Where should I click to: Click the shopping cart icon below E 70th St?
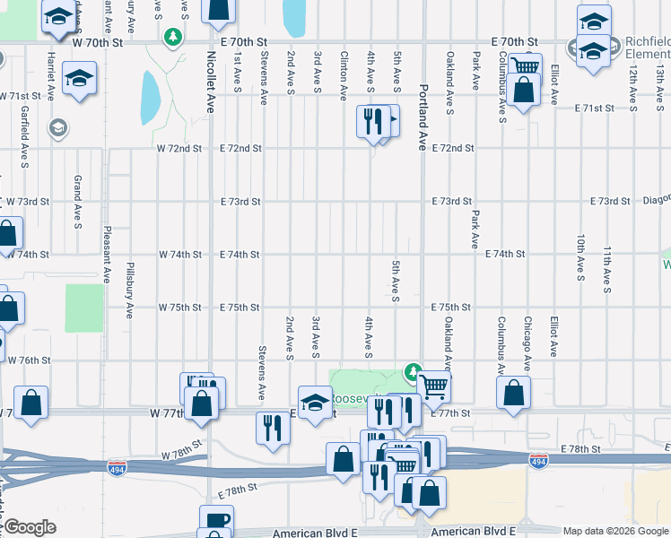[525, 66]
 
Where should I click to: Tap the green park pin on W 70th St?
[172, 37]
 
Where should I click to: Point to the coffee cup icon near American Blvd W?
[217, 521]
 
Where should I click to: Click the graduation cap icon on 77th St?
[315, 401]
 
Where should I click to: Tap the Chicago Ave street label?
[527, 343]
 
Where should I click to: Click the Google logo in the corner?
[30, 527]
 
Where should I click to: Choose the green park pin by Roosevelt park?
[413, 370]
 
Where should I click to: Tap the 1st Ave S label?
[237, 70]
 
